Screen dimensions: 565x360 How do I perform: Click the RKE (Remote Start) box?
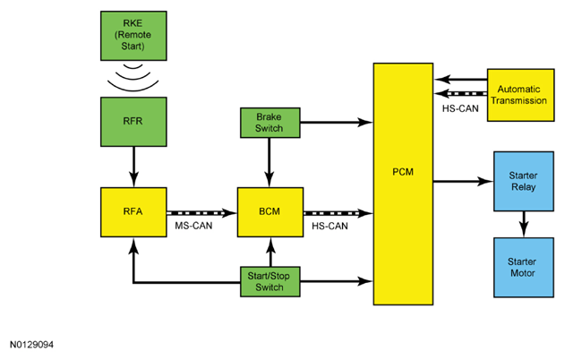pos(133,36)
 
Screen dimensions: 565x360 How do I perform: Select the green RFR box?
pos(133,122)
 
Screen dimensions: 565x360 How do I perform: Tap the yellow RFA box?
pos(133,212)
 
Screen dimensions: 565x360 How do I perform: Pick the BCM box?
pos(270,212)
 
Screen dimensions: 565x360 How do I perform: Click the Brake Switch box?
pos(270,123)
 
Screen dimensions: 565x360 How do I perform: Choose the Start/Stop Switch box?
pos(270,282)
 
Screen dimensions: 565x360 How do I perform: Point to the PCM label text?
pos(403,172)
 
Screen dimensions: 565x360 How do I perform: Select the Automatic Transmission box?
pos(521,95)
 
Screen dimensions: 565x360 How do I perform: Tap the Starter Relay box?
pos(524,181)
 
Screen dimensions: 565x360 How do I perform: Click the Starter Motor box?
pos(524,268)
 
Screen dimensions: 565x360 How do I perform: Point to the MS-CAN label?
pos(193,226)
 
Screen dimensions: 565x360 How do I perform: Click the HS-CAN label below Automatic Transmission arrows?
pos(460,108)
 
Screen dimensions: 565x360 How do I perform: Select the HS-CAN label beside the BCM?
pos(330,226)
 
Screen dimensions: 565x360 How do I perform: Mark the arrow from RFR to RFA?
pos(133,167)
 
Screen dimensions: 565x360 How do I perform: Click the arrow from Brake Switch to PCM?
pos(337,122)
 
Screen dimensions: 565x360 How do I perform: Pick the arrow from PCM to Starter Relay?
pos(464,181)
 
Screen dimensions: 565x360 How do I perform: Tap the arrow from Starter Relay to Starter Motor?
pos(524,224)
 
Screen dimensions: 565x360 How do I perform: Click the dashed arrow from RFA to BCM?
pos(201,213)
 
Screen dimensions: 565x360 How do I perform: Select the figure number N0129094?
pos(31,345)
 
